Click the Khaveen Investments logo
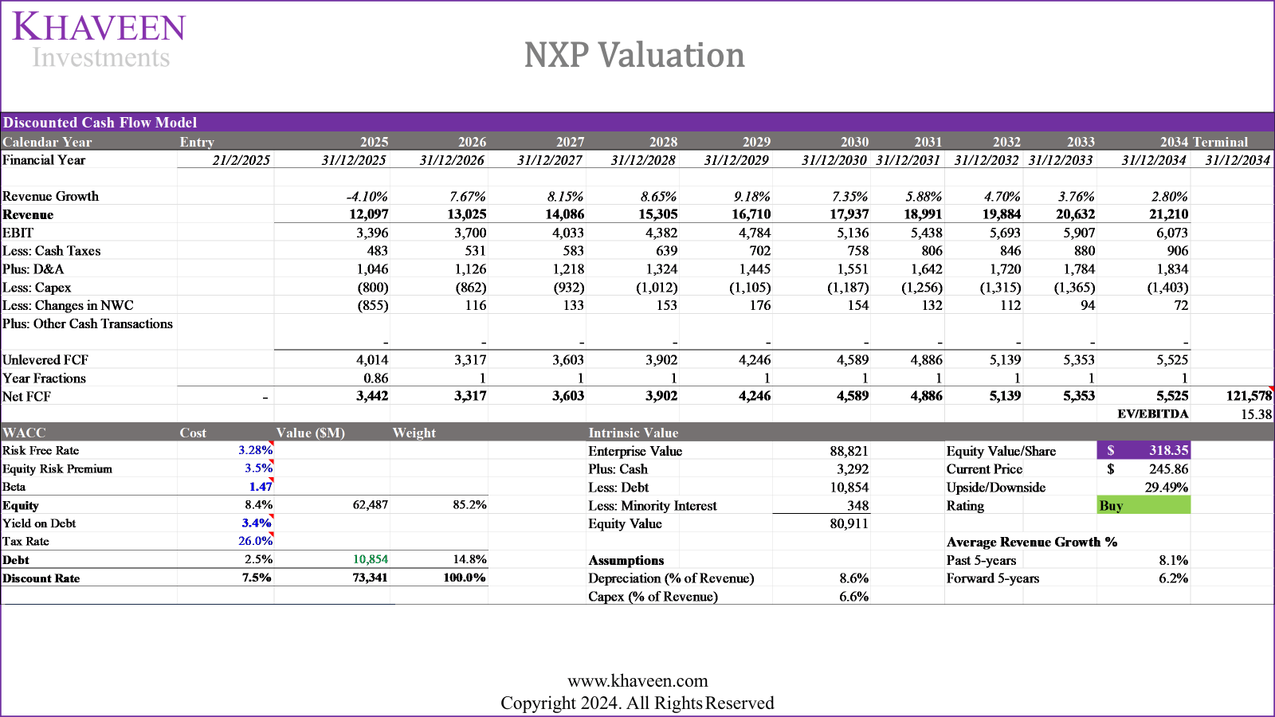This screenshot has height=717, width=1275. coord(99,40)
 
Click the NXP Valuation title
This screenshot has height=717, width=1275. coord(634,55)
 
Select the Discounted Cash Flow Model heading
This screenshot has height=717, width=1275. coord(100,123)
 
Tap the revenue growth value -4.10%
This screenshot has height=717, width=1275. coord(367,196)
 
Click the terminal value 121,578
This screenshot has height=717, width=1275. coord(1248,396)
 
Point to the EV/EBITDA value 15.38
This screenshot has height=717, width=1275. coord(1256,414)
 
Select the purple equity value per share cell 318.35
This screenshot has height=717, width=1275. coord(1144,450)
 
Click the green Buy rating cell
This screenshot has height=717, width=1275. coord(1144,505)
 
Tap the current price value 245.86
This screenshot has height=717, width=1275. coord(1167,469)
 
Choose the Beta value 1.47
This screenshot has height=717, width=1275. coord(261,487)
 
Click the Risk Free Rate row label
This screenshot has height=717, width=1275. coord(41,450)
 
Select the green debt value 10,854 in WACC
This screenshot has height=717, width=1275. coord(371,559)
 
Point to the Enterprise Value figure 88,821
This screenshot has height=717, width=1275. coord(849,451)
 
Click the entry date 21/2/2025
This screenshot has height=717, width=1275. coord(241,160)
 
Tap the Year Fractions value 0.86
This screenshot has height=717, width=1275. coord(375,378)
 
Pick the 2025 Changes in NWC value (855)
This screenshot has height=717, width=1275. coord(373,305)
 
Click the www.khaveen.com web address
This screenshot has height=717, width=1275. coord(637,680)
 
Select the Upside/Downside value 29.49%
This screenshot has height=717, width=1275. coord(1166,488)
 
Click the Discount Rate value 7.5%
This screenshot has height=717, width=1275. coord(257,578)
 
